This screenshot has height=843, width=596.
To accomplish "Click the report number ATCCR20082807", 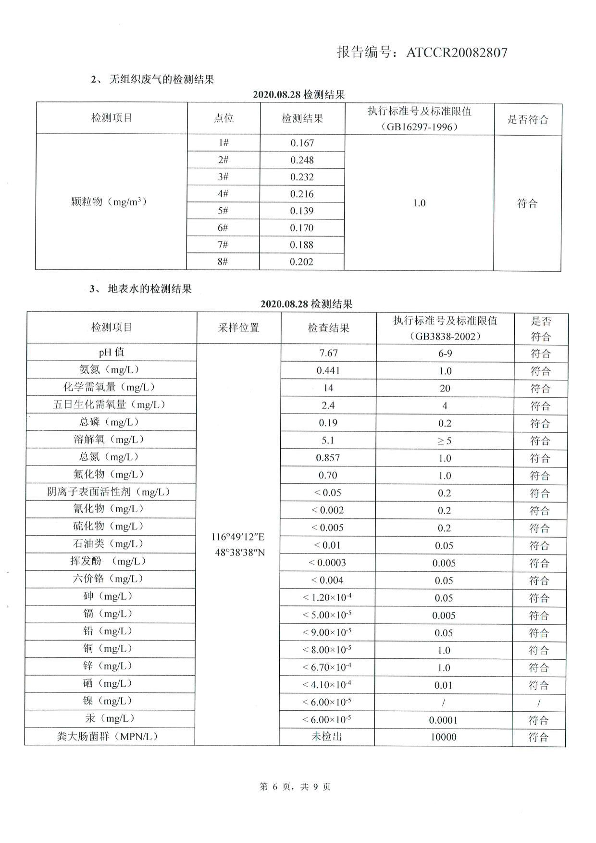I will tap(457, 52).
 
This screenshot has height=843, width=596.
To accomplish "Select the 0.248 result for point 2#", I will tap(302, 160).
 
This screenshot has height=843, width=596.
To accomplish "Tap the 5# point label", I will tap(223, 211).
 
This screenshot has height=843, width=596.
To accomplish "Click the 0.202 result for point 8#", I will tap(301, 262).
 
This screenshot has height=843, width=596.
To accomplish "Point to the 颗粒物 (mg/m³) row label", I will tap(109, 202).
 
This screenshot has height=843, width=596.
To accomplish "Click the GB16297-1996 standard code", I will tap(419, 127).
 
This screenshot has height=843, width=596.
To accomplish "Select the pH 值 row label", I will tap(112, 352).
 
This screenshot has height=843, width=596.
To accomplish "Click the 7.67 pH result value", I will tap(329, 353).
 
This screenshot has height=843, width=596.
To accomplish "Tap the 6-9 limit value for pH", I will tap(445, 353).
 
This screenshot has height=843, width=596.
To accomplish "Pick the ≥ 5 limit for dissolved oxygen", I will tap(444, 441).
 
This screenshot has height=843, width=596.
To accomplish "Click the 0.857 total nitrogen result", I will tap(328, 458).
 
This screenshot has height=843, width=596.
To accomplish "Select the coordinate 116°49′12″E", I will tap(238, 537).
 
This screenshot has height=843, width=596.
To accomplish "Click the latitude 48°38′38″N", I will tap(240, 553).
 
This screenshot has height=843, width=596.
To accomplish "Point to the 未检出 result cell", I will tap(327, 737).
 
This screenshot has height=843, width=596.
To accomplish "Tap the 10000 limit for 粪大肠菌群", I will tap(443, 737).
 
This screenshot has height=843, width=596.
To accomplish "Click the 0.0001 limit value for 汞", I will tap(443, 720).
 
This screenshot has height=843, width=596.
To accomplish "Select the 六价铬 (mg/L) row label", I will tap(108, 579).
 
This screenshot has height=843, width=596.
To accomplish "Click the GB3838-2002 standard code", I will tap(445, 336).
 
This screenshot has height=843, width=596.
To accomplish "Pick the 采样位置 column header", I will tap(238, 328).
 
